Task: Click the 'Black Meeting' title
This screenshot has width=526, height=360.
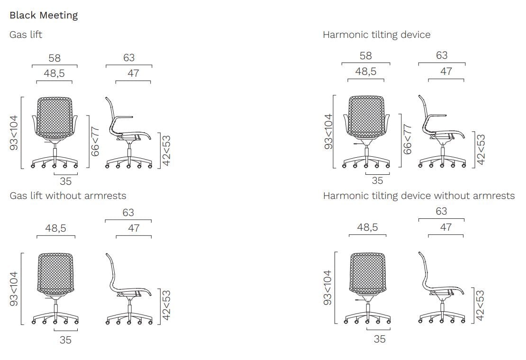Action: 44,16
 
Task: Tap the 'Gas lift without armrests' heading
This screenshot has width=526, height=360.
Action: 68,196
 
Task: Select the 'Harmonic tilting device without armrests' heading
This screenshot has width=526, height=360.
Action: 418,196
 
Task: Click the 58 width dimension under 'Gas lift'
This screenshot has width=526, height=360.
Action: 54,58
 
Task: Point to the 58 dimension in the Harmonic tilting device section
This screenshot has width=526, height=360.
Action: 366,55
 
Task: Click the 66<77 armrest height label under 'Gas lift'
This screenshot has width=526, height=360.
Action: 95,142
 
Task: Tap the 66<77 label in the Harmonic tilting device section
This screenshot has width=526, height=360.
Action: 407,139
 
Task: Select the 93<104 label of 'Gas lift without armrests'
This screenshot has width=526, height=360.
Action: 14,288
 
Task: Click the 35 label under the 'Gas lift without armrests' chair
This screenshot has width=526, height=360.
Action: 65,340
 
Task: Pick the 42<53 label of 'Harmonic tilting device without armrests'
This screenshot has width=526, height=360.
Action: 481,306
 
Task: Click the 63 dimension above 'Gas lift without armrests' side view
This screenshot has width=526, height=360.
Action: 128,213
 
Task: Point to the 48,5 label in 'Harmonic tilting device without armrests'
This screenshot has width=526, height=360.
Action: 367,227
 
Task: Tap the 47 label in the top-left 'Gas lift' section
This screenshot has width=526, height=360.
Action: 133,73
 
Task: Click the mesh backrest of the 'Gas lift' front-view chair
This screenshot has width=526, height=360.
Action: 54,117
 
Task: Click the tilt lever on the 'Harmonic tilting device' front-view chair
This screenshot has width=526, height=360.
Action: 359,144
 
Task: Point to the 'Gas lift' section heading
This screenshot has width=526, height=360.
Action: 26,35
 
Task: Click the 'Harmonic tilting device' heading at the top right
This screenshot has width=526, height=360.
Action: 376,35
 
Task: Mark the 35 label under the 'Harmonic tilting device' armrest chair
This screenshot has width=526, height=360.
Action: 377,180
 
